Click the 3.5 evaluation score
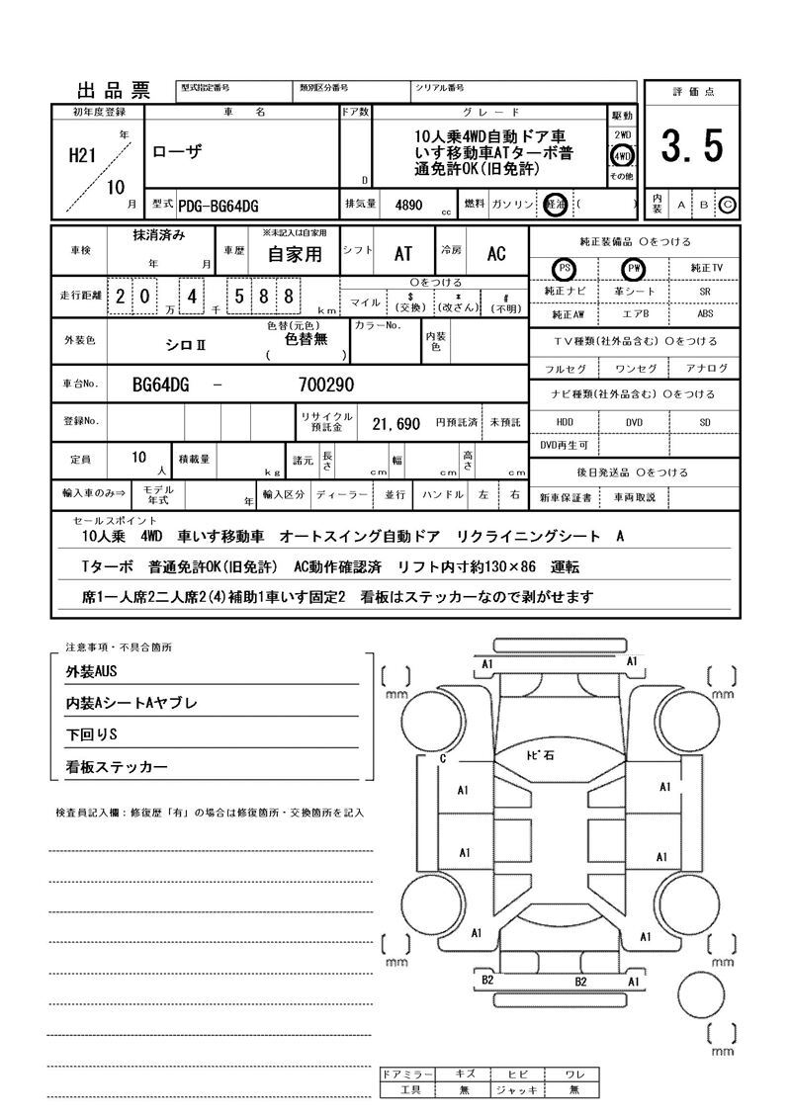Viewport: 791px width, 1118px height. point(692,147)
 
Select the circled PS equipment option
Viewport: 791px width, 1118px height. point(565,269)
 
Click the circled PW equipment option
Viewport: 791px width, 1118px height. point(633,269)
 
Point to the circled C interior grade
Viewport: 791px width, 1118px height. point(728,205)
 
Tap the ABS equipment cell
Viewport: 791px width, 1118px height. point(704,314)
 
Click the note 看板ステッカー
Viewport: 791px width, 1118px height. point(117,767)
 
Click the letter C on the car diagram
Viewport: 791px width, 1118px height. point(443,759)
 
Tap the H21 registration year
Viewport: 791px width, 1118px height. point(80,155)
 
